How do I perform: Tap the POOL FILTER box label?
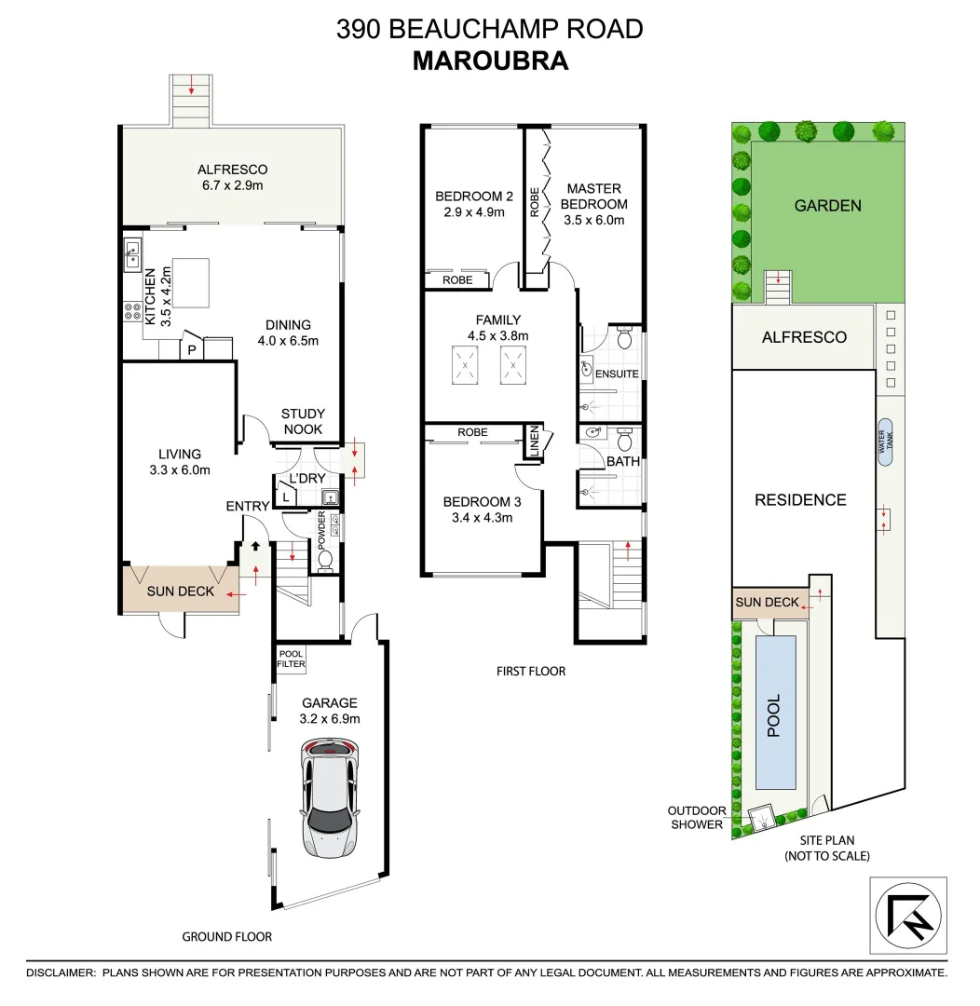[291, 659]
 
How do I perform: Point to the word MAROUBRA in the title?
[490, 61]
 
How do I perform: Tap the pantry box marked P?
[192, 350]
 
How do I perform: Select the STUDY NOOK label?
[303, 421]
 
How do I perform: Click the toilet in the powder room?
[323, 561]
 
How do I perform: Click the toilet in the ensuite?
[625, 341]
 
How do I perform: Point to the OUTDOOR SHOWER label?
[696, 817]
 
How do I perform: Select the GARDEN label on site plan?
[827, 206]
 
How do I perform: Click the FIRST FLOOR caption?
[531, 671]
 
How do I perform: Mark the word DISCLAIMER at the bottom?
[61, 972]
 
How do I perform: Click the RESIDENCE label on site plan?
[800, 500]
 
